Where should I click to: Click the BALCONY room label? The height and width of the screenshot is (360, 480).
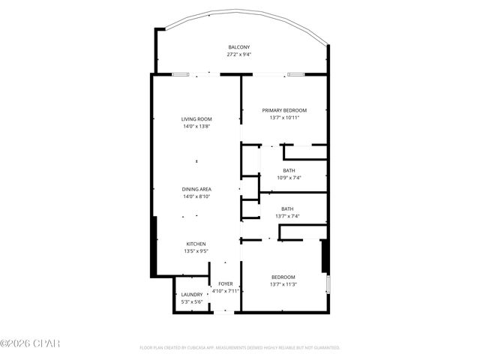(x=239, y=47)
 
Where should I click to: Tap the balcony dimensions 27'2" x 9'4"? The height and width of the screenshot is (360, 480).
(x=239, y=55)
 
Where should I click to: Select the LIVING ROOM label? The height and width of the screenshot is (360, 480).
(x=196, y=119)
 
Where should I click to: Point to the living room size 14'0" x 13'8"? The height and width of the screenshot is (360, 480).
(x=196, y=127)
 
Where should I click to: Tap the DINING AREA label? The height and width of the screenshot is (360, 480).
(x=196, y=188)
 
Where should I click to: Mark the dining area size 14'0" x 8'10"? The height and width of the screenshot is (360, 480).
(x=196, y=196)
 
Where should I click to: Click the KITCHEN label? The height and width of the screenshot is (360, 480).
(x=196, y=244)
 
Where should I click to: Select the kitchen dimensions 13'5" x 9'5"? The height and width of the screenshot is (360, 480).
(x=196, y=251)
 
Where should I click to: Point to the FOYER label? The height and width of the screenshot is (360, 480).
(x=225, y=283)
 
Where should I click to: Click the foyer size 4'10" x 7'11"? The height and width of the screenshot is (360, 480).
(x=225, y=291)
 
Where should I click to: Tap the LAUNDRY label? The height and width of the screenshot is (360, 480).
(x=191, y=294)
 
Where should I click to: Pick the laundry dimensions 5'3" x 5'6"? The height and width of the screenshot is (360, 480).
(x=191, y=301)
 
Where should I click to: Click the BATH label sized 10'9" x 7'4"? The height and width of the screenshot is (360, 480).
(x=289, y=170)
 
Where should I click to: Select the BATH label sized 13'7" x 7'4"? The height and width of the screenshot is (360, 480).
(x=287, y=208)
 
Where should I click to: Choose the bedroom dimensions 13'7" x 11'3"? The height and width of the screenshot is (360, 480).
(x=283, y=284)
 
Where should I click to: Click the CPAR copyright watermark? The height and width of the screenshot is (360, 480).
(x=29, y=343)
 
